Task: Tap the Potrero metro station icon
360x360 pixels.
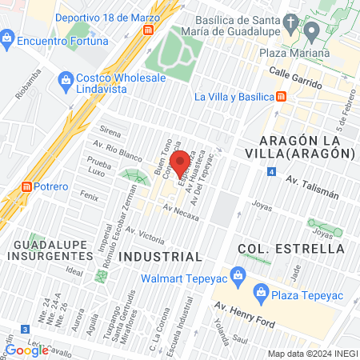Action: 26,186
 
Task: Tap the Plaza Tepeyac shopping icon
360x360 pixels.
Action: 259,292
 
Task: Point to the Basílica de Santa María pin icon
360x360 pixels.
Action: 310,30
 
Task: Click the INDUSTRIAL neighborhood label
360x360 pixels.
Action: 160,257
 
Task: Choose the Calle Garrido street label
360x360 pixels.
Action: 300,78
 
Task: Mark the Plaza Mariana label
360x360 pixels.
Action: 294,54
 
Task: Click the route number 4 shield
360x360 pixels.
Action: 272,172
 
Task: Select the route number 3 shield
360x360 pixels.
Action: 26,329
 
